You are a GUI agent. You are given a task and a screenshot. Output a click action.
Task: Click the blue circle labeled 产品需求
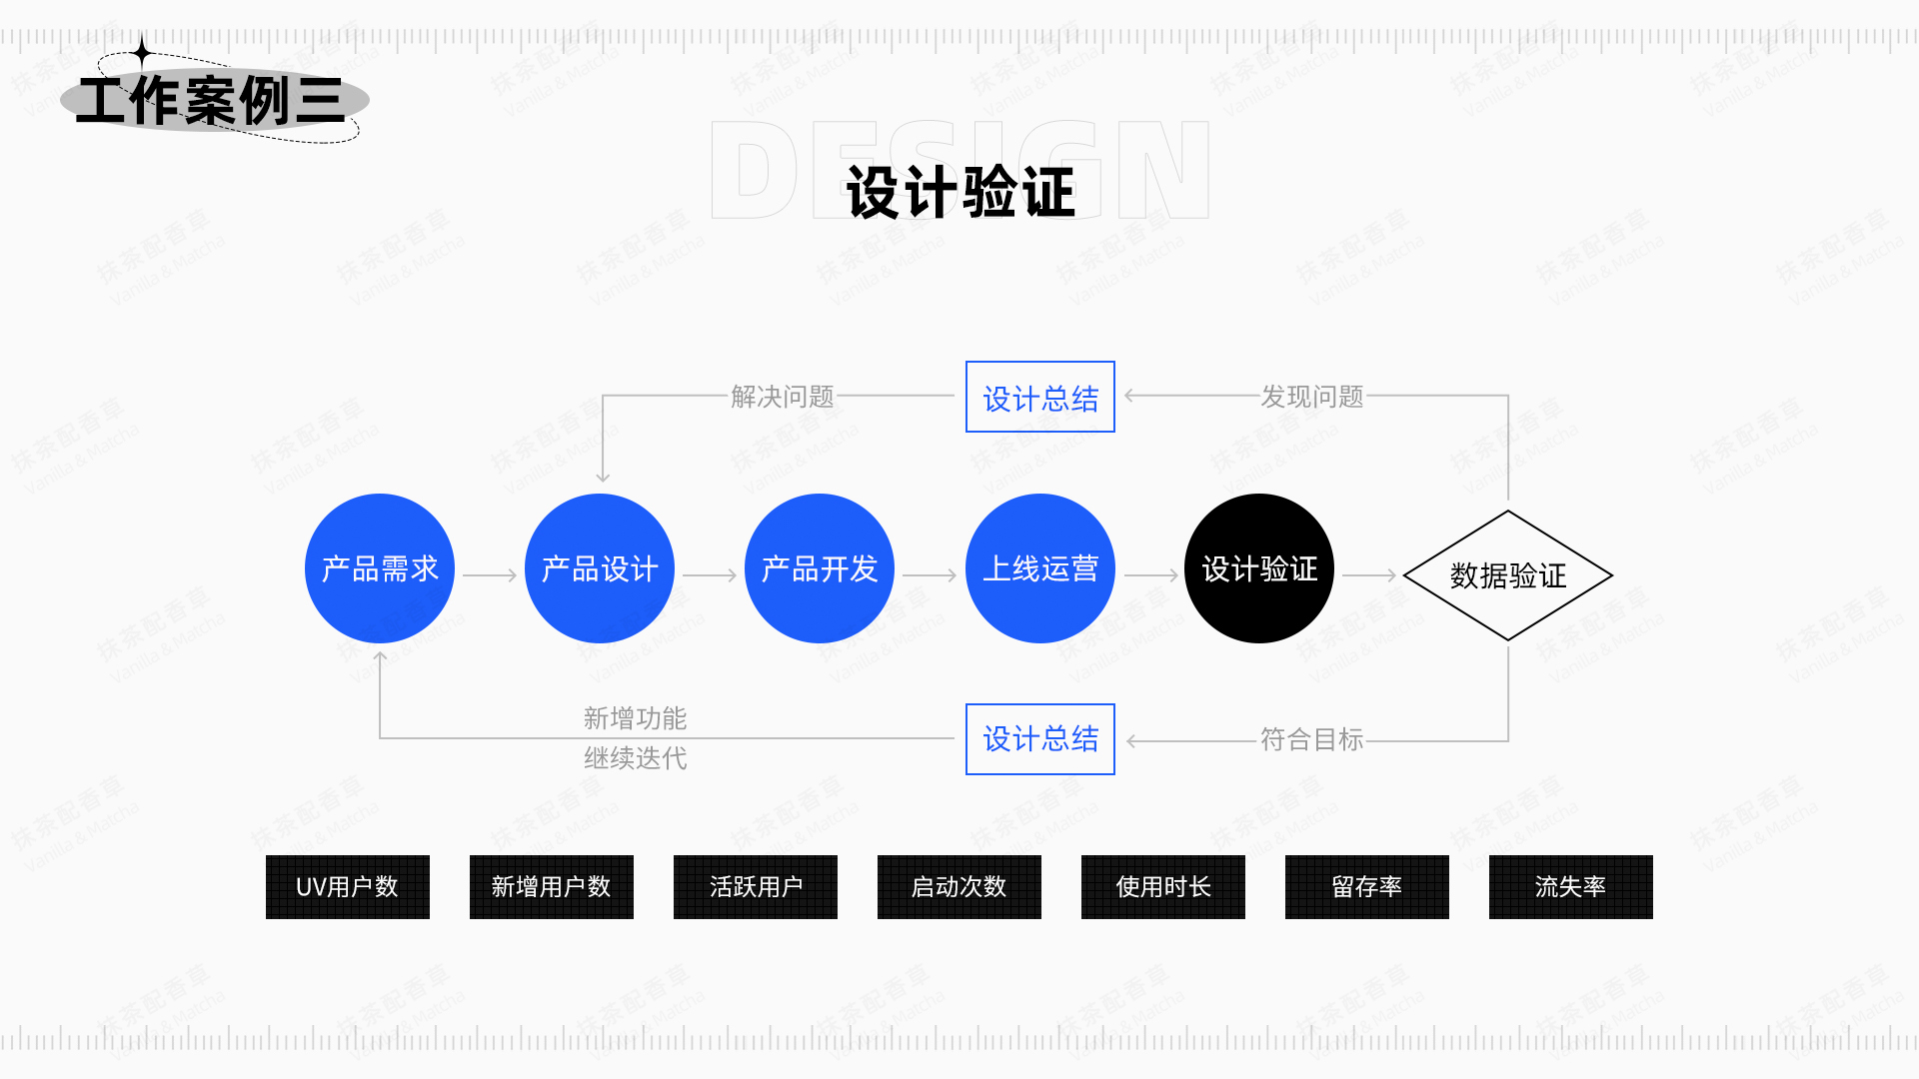[x=380, y=568]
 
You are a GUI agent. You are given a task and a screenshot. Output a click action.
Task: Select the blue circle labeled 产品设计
[x=600, y=568]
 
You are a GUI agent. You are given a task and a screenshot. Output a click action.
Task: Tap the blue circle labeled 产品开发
[x=820, y=568]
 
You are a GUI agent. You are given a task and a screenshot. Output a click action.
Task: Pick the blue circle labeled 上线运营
[x=1040, y=568]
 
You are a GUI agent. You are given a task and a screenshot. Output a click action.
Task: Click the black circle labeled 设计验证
[x=1259, y=568]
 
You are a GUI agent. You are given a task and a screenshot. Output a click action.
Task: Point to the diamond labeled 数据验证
[x=1508, y=575]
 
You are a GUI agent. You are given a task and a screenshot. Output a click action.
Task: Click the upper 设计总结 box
[x=1040, y=397]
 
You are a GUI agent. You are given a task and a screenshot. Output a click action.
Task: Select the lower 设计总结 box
[x=1040, y=739]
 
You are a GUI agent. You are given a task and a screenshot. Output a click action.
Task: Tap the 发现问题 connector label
[x=1312, y=397]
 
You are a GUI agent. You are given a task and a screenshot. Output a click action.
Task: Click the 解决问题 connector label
[x=783, y=397]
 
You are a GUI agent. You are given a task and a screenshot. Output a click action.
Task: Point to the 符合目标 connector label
[x=1312, y=739]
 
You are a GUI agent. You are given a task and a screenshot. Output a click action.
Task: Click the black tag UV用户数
[x=348, y=887]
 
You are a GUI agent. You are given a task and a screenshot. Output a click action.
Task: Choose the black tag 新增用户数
[x=552, y=887]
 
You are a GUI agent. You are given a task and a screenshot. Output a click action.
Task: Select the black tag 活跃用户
[x=756, y=887]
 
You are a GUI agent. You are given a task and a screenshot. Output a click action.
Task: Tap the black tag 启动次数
[x=959, y=887]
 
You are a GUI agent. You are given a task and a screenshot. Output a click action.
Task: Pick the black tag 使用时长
[x=1163, y=887]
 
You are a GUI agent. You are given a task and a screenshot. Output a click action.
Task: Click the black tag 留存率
[x=1367, y=887]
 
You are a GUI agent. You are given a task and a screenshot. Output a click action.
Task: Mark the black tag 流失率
[x=1571, y=887]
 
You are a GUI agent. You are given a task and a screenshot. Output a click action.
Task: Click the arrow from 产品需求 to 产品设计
[x=490, y=575]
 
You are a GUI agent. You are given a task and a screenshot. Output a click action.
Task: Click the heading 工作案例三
[x=211, y=101]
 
